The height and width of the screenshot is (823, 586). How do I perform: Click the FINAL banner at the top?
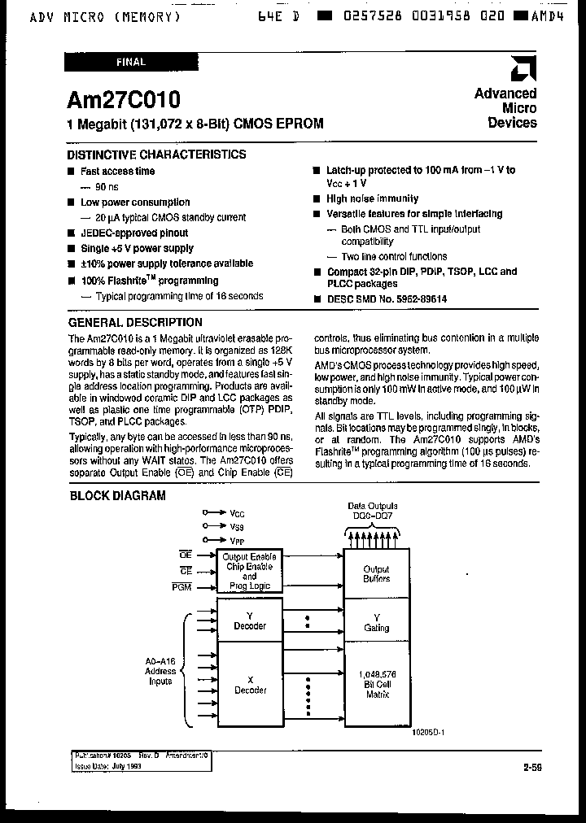coord(130,62)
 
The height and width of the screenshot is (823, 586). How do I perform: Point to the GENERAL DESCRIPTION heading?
coord(135,322)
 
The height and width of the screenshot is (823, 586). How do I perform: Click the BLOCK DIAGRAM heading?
coord(117,495)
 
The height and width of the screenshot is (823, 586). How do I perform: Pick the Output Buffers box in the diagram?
coord(376,574)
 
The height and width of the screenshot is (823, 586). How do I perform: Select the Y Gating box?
coord(376,622)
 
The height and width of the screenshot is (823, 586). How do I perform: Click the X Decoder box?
coord(250,684)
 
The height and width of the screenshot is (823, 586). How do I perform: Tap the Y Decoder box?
coord(250,621)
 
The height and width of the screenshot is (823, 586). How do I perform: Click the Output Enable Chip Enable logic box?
coord(250,569)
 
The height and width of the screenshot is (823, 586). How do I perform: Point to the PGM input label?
coord(181,586)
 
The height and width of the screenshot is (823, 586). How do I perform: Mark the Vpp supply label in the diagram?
coord(237,540)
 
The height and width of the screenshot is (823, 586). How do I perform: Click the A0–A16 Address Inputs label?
coord(160,671)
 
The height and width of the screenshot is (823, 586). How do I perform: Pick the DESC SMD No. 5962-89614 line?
coord(386,299)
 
